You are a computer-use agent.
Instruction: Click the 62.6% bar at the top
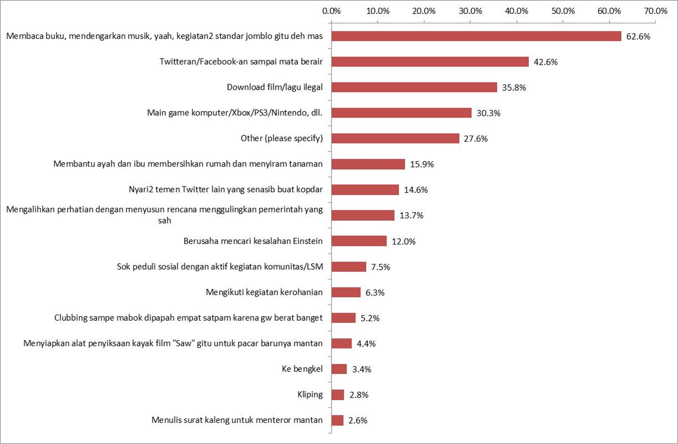pyautogui.click(x=476, y=36)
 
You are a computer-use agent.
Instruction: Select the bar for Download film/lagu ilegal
pyautogui.click(x=414, y=87)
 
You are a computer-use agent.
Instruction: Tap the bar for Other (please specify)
pyautogui.click(x=395, y=138)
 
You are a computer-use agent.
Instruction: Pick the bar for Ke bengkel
pyautogui.click(x=339, y=369)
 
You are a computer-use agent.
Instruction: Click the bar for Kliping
pyautogui.click(x=338, y=395)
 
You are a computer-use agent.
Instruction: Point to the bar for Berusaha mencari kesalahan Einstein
pyautogui.click(x=359, y=241)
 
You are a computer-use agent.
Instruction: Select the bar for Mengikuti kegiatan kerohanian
pyautogui.click(x=346, y=292)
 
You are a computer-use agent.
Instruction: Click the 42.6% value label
pyautogui.click(x=545, y=62)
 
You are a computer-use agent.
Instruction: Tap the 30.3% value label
pyautogui.click(x=489, y=113)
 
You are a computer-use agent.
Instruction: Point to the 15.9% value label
pyautogui.click(x=422, y=164)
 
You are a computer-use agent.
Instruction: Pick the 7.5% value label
pyautogui.click(x=380, y=267)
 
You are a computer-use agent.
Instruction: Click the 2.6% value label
pyautogui.click(x=358, y=421)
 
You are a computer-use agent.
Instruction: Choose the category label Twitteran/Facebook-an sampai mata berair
pyautogui.click(x=241, y=62)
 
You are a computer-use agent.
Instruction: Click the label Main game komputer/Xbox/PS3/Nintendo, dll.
pyautogui.click(x=235, y=113)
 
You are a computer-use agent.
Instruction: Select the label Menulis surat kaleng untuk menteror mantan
pyautogui.click(x=237, y=420)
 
